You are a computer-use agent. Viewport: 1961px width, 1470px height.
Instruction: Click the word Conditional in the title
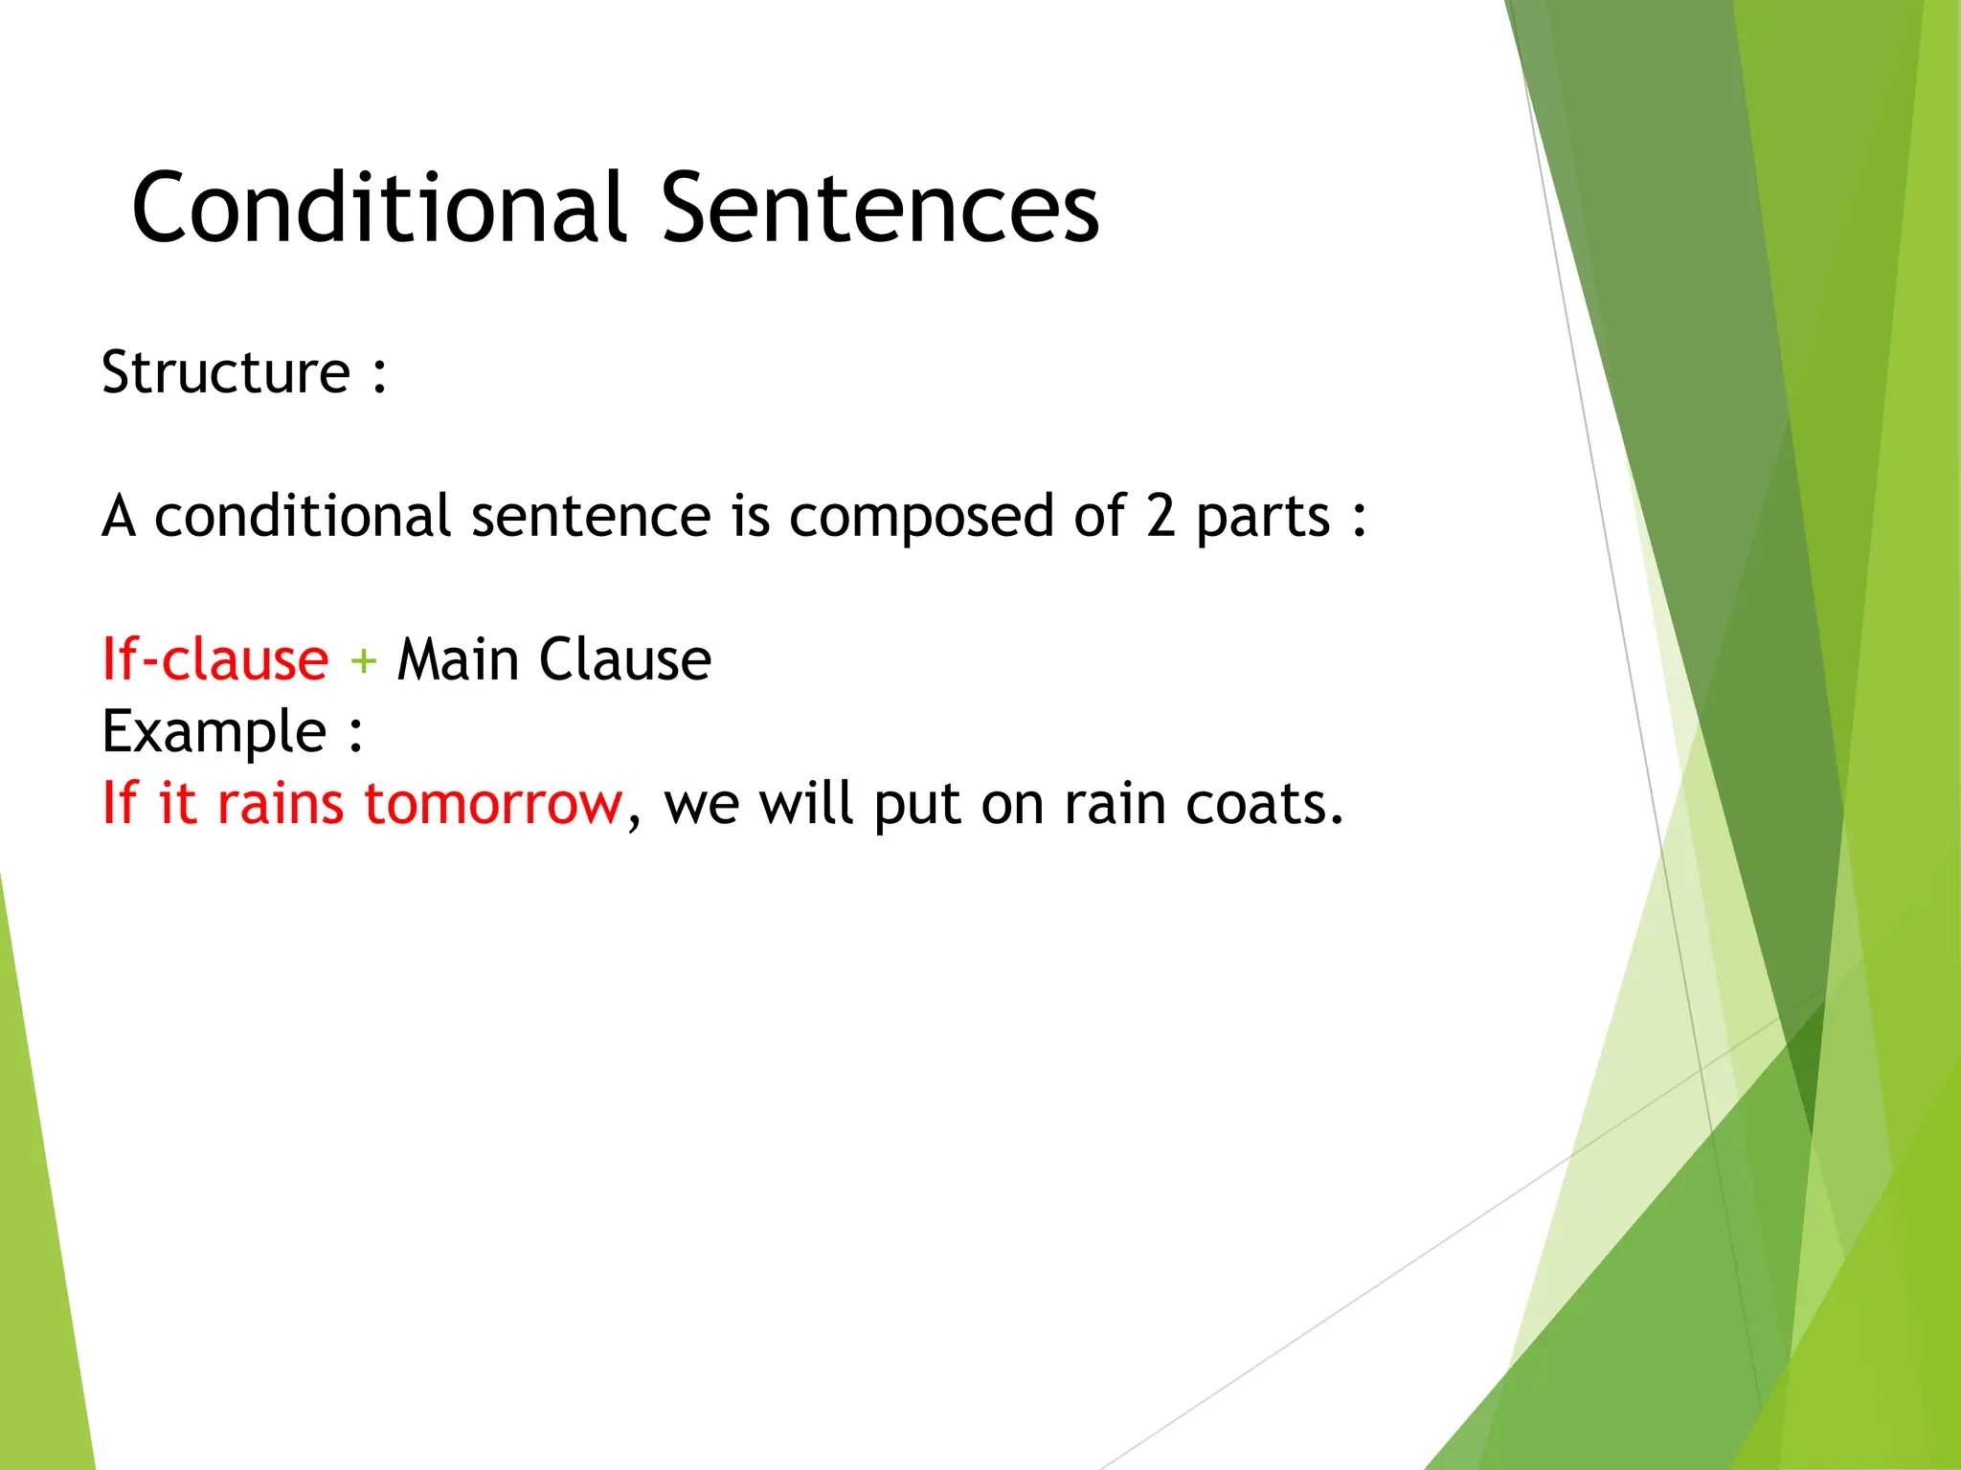[378, 208]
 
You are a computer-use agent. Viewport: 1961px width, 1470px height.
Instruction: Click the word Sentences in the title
[879, 208]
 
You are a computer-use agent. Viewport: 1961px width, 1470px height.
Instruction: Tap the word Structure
[226, 372]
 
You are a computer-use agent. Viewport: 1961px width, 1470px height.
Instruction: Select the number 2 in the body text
[1160, 517]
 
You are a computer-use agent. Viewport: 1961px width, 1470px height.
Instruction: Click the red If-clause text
[215, 659]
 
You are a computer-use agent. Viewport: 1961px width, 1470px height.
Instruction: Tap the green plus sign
[363, 661]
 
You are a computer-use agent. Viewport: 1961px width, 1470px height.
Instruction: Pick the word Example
[214, 733]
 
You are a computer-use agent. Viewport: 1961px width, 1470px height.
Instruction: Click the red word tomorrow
[493, 804]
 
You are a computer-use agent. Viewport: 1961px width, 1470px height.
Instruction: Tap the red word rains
[280, 804]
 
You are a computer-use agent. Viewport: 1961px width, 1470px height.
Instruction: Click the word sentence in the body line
[591, 517]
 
